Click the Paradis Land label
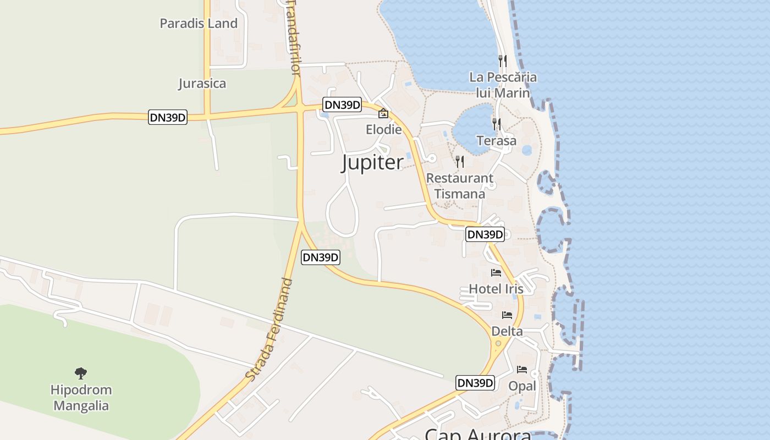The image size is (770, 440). coord(199,24)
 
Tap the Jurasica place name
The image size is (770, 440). coord(202,84)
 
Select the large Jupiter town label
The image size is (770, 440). coord(372,163)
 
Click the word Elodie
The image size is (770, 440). coord(383,130)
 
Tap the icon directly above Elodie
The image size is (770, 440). coord(383,114)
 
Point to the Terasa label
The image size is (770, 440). coord(497,141)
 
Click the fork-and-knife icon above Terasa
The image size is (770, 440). coord(497,124)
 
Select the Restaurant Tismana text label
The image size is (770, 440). coord(460,186)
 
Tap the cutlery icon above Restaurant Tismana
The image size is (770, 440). coord(460,161)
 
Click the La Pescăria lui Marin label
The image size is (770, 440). coord(503,85)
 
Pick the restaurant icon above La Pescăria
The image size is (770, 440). coord(503,60)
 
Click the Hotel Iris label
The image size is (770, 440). coord(496,289)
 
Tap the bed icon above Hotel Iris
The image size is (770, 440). coord(496,273)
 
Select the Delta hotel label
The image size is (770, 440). coord(507,331)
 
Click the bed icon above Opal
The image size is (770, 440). coord(522,370)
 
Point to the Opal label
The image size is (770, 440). coord(522,386)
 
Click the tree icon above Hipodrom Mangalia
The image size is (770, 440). coord(81,373)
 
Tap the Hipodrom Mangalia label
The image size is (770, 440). coord(81,398)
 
